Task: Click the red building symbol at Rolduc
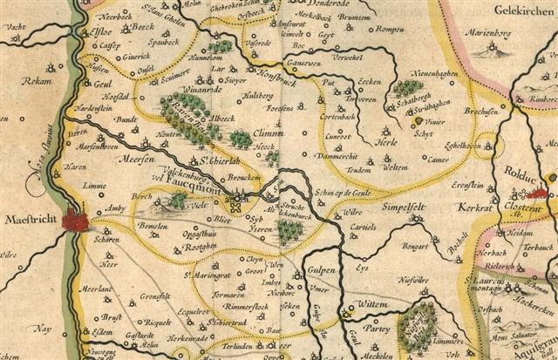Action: point(538,194)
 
